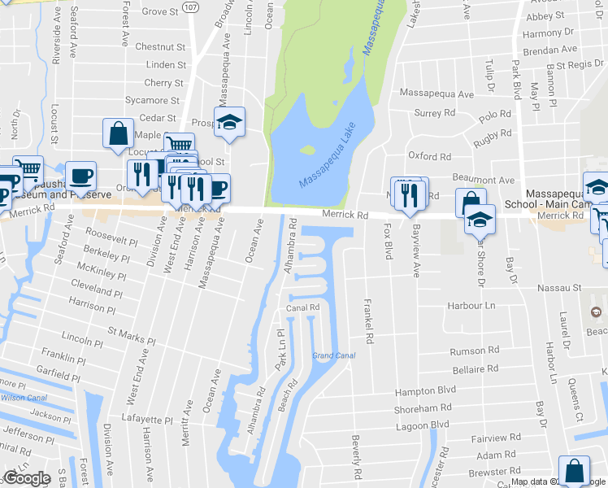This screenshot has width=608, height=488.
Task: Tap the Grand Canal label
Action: tap(333, 355)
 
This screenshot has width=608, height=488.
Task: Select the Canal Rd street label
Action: tap(303, 307)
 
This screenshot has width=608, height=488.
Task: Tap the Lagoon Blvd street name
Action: tap(422, 425)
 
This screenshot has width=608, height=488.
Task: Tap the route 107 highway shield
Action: tap(190, 7)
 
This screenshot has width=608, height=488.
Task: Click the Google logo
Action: tap(26, 478)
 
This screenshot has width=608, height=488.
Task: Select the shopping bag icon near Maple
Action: tap(118, 133)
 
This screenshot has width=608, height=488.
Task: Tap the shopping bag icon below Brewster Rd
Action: tap(575, 470)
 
